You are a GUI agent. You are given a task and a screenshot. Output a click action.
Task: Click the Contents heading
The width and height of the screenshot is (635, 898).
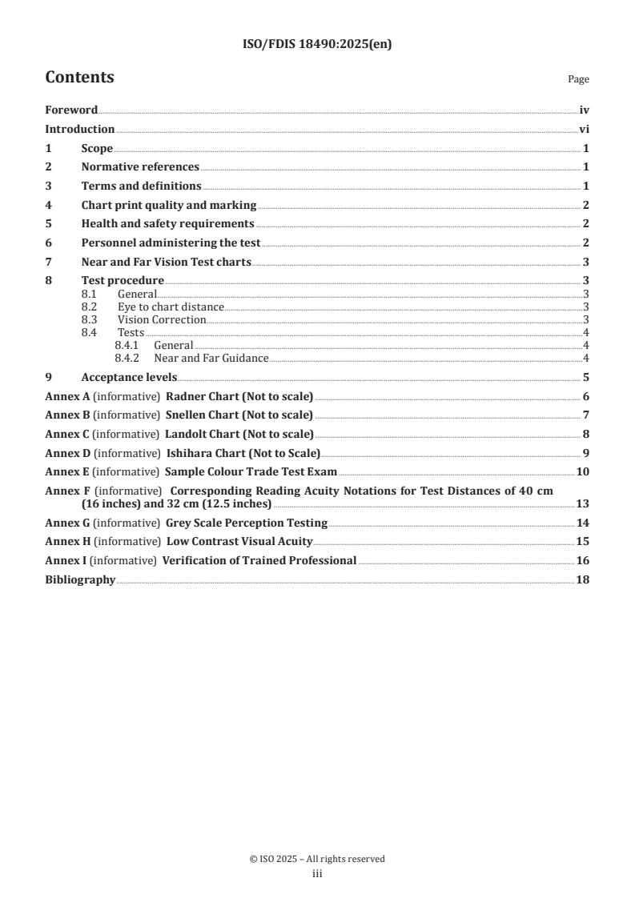pos(79,78)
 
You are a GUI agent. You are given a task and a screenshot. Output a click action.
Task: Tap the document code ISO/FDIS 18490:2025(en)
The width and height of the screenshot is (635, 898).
pos(316,45)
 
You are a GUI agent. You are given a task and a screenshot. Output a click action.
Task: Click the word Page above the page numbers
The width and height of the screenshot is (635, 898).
pos(578,79)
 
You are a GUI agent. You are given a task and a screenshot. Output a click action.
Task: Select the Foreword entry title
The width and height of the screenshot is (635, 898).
pos(71,110)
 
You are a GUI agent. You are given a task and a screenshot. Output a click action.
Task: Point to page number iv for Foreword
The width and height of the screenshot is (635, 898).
pos(585,110)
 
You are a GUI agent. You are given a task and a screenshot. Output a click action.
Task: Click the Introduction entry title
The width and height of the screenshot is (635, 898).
pos(79,129)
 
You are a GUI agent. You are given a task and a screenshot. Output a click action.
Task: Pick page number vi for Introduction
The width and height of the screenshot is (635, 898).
pos(585,129)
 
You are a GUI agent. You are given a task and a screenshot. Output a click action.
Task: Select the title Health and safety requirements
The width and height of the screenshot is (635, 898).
pos(167,223)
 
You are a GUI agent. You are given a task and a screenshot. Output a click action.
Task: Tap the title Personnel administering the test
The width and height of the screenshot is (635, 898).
pos(171,243)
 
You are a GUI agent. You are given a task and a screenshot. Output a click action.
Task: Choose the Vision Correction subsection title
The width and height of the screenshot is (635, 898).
pos(162,319)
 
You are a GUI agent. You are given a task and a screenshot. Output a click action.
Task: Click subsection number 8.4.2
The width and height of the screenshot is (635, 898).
pos(127,358)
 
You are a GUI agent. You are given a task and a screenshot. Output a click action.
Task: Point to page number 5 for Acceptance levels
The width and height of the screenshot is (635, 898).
pos(586,377)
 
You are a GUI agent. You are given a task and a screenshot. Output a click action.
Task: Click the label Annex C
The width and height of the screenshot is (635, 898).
pos(67,434)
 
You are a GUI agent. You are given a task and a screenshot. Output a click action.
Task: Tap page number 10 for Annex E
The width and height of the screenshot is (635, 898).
pos(583,471)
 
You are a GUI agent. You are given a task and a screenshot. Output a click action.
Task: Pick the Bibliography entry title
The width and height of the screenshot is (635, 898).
pos(80,579)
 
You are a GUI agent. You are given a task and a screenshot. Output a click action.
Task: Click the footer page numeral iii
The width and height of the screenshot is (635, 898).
pos(316,874)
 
